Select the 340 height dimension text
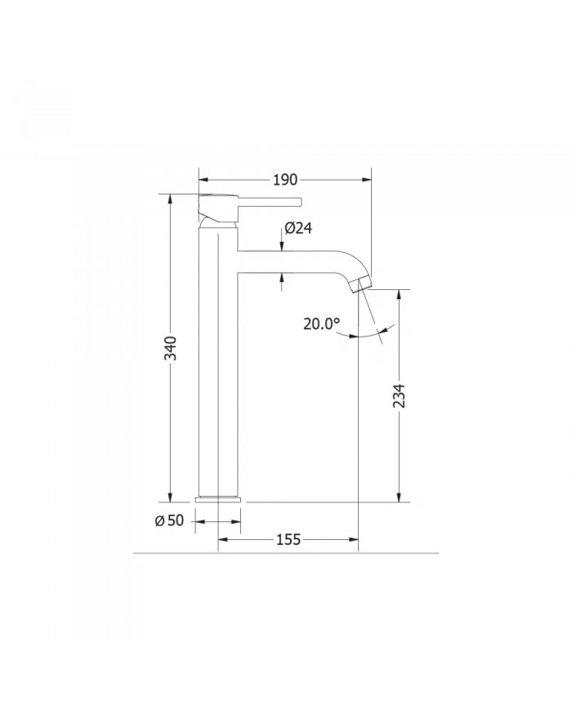[x=169, y=347]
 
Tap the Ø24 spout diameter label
[x=298, y=229]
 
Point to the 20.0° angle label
[x=320, y=324]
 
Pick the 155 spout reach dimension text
[x=288, y=539]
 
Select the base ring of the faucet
[x=218, y=498]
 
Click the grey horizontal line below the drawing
[x=286, y=553]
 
